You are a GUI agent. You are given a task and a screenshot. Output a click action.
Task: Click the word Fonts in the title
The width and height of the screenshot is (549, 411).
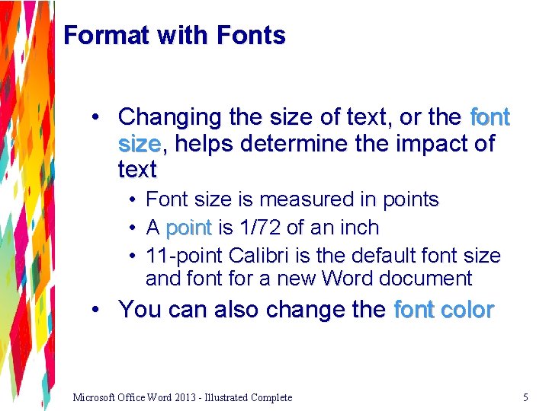click(251, 36)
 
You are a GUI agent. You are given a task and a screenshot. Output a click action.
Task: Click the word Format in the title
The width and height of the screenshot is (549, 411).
click(99, 36)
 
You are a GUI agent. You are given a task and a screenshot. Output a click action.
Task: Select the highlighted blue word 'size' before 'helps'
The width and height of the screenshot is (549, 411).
click(139, 143)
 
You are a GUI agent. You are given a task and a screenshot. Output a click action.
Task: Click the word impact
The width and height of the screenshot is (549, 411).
click(432, 143)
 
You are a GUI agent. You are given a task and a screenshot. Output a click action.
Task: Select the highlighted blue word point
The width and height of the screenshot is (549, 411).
click(188, 228)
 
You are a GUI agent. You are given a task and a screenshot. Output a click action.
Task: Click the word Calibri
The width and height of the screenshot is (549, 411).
click(254, 255)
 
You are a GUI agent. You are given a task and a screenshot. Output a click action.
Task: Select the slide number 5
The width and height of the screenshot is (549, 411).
click(525, 397)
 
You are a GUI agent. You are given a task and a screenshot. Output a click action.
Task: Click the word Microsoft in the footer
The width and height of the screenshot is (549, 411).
click(95, 397)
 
